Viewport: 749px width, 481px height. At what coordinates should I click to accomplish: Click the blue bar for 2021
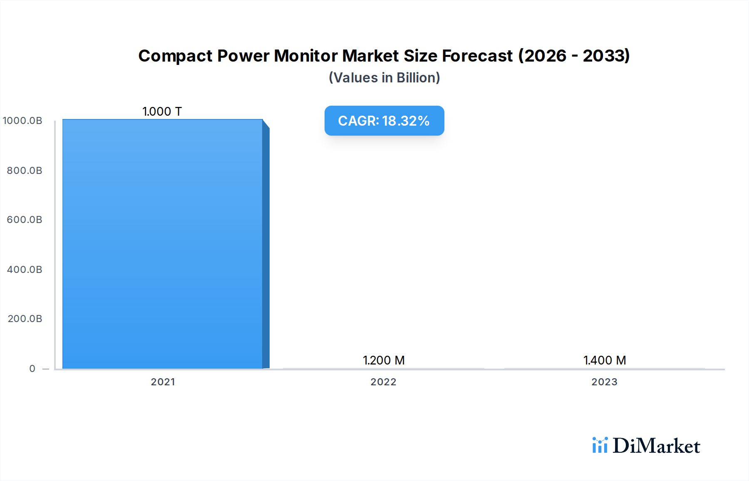162,244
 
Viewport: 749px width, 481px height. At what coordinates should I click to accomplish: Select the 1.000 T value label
162,112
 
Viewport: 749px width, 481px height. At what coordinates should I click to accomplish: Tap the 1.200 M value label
384,360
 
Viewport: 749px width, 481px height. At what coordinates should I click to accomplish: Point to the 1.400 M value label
605,360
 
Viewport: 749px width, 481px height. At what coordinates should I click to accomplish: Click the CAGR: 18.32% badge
384,121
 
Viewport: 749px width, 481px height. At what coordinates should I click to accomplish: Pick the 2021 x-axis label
163,382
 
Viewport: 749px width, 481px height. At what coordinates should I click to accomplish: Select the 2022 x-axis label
383,382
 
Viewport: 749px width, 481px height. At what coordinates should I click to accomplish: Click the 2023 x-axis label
604,382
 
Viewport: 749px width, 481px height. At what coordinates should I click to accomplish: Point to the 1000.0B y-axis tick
22,121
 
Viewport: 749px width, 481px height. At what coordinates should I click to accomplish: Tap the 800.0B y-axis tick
25,171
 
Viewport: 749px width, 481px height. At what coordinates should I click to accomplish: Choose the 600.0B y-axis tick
25,220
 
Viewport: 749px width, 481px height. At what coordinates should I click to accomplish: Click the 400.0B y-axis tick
25,270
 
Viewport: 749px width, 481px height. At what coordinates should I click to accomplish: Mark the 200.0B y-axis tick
25,319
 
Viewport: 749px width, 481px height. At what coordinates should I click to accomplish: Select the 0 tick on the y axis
32,369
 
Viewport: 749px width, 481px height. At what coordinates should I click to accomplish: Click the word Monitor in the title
305,56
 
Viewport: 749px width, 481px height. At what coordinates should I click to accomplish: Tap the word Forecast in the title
477,56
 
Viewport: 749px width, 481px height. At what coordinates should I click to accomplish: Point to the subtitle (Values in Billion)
384,78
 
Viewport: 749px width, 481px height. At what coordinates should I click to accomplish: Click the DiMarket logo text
656,446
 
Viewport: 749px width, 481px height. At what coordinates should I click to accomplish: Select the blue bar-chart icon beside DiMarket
600,445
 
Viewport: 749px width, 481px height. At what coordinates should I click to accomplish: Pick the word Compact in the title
175,56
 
